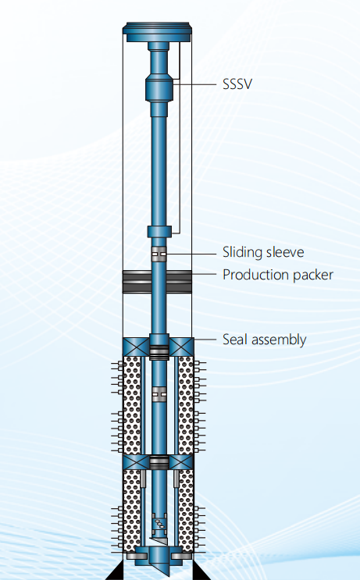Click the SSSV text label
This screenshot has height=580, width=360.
coord(237,84)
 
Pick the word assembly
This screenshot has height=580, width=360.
coord(277,340)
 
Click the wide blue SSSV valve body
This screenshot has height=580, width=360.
coord(159,88)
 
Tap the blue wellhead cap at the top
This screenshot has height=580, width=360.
coord(157,32)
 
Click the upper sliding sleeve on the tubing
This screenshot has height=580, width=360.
coord(159,254)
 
